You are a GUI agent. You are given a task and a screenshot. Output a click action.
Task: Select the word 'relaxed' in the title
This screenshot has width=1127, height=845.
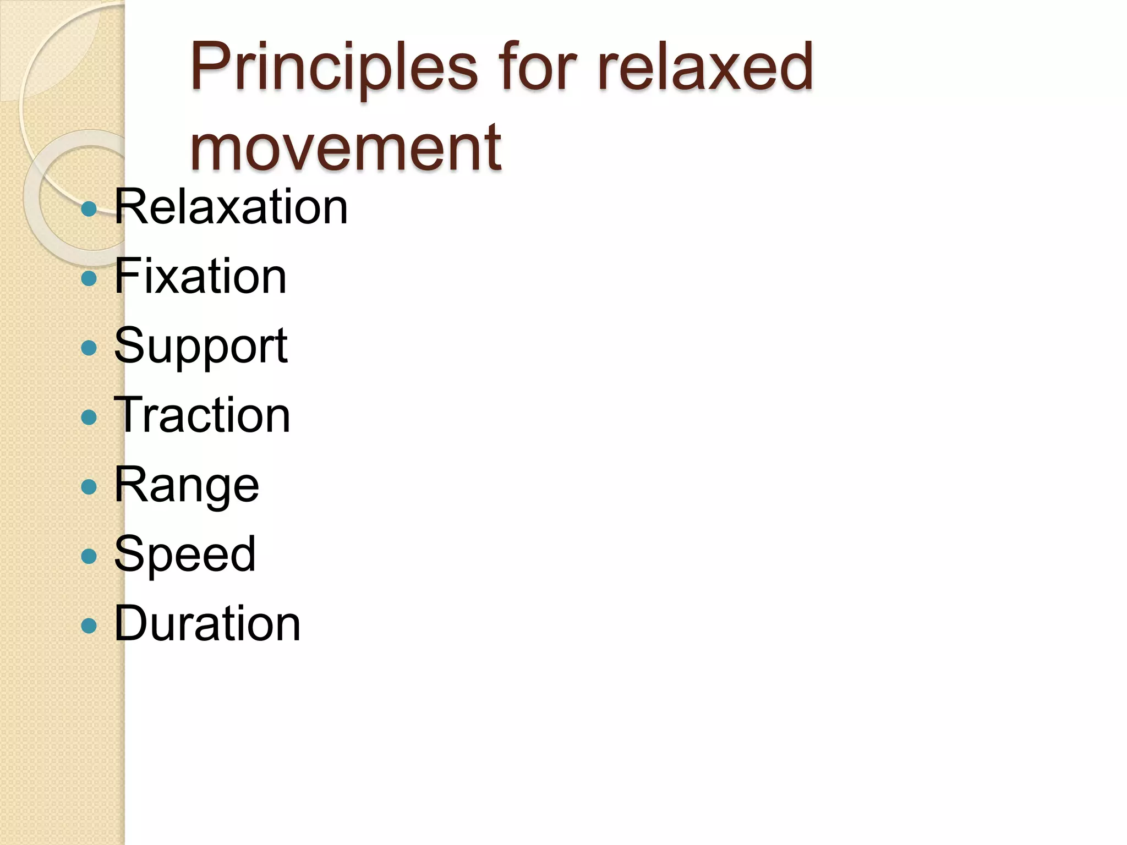[x=704, y=67]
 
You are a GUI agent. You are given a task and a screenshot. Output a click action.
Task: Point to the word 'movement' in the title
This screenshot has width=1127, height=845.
[x=346, y=147]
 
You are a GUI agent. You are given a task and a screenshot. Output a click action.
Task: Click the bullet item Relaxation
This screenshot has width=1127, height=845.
[x=231, y=207]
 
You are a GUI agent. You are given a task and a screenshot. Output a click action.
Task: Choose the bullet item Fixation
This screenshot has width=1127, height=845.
[x=200, y=277]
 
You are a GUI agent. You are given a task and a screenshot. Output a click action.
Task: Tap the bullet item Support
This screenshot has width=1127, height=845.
[x=201, y=346]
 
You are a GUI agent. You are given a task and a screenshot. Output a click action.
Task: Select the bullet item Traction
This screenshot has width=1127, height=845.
[x=202, y=416]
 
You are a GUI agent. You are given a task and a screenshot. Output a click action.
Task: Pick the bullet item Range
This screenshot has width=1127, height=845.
[x=187, y=486]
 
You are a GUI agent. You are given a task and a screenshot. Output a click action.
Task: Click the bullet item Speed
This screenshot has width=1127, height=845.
[x=185, y=555]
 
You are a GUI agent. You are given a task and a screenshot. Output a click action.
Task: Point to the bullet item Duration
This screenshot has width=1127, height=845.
[x=207, y=624]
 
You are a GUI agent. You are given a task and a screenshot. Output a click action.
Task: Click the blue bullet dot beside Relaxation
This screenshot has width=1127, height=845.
[x=89, y=209]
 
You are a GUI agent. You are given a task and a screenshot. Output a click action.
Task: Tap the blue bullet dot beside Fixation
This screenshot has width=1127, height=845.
[x=89, y=278]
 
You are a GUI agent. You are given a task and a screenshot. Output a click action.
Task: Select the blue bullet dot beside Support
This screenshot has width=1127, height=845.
[x=89, y=348]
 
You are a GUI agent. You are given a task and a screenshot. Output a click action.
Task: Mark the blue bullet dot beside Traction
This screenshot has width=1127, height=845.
[x=89, y=417]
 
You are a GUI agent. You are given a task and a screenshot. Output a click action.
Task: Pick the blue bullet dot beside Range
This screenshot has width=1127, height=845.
[x=89, y=487]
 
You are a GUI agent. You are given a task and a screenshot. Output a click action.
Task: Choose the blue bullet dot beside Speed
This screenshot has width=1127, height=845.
[x=89, y=556]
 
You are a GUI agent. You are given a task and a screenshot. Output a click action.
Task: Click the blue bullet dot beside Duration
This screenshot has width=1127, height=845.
[x=89, y=625]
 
